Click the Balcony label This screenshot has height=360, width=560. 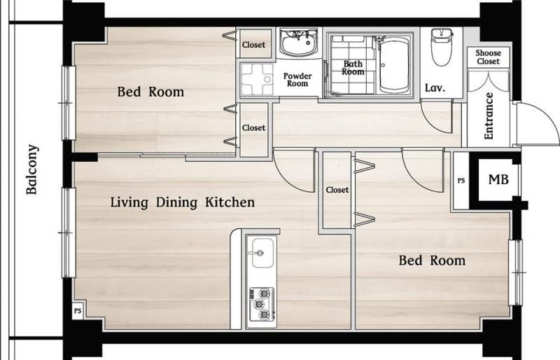(31, 169)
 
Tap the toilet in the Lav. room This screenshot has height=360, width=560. (442, 47)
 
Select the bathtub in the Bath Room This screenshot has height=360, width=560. (394, 64)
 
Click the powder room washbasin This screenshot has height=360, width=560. (299, 43)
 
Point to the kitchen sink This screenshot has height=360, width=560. (263, 253)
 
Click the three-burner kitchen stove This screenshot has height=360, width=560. (261, 304)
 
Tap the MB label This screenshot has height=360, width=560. (498, 179)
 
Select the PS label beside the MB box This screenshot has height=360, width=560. (461, 181)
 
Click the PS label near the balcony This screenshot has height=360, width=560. (78, 311)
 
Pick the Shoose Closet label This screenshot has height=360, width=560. (488, 57)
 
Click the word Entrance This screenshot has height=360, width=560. (488, 116)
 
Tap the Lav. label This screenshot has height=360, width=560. (435, 88)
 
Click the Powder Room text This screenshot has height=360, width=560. (297, 80)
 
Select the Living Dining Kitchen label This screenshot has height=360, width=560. (183, 202)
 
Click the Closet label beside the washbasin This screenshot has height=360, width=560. (253, 45)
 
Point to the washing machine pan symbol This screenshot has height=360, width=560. (256, 79)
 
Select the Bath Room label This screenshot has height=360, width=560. (353, 67)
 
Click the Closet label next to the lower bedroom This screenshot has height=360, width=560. (337, 190)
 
